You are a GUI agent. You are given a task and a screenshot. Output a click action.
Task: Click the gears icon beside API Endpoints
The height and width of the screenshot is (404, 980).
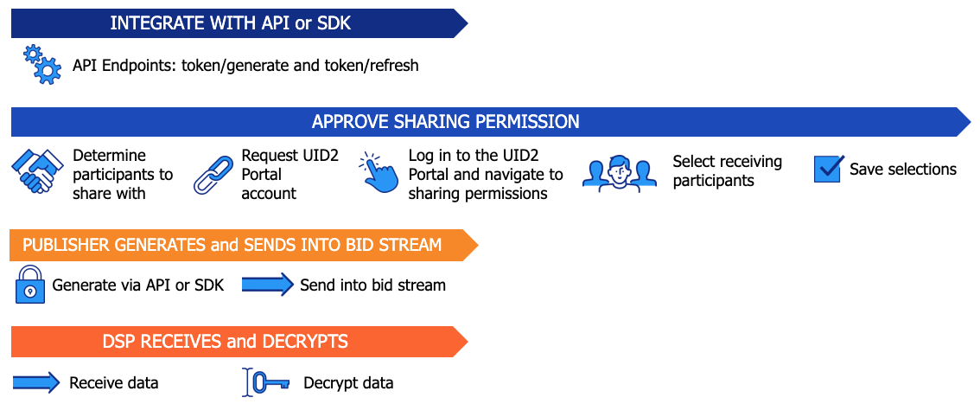tap(41, 65)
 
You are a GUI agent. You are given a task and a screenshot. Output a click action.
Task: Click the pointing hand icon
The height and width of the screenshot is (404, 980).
tap(377, 173)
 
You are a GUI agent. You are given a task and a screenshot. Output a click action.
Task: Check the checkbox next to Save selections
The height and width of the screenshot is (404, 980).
tap(827, 169)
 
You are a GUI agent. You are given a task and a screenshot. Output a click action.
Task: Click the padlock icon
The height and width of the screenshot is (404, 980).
tap(29, 285)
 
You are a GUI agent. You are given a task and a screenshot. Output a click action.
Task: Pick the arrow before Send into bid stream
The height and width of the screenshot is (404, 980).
tap(267, 284)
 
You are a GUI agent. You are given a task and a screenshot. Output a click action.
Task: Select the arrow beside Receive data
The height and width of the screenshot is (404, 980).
tap(36, 382)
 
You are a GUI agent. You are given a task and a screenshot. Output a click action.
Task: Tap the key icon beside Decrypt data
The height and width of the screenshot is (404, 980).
tap(264, 382)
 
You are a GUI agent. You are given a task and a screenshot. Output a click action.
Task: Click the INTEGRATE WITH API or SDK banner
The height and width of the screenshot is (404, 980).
tap(231, 23)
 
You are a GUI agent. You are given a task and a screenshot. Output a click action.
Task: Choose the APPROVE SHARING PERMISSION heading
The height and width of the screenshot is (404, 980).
tap(445, 122)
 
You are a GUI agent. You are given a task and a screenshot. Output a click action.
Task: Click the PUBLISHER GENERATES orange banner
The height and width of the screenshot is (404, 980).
tap(232, 245)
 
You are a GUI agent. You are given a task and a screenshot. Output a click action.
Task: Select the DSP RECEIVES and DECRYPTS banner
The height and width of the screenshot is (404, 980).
tap(225, 342)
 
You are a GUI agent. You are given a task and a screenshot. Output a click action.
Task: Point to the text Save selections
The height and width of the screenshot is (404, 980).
tap(902, 170)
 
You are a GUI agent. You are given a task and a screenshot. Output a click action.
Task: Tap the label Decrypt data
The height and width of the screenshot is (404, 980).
tap(348, 382)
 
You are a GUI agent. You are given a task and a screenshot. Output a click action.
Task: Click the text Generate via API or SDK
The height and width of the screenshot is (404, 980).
tap(138, 285)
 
